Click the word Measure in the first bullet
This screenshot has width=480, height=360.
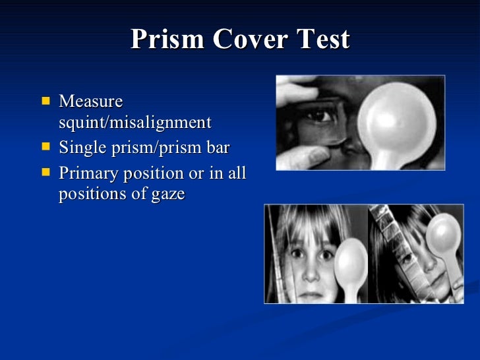tap(90, 102)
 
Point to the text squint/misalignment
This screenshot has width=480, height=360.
tap(135, 123)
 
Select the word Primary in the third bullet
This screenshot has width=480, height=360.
tap(87, 174)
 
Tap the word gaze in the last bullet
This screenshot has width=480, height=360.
tap(167, 195)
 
